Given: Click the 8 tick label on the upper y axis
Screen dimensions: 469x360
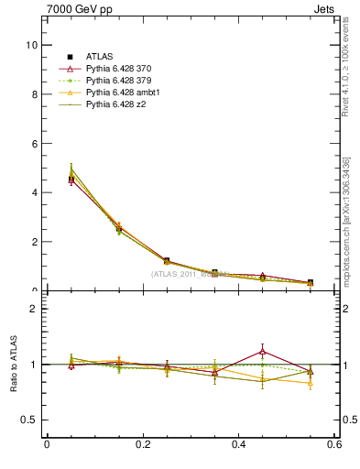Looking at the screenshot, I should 34,94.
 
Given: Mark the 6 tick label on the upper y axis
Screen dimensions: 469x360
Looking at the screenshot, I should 34,144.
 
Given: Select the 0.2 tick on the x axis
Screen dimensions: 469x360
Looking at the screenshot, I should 142,444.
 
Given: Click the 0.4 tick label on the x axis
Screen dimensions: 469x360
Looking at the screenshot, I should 239,444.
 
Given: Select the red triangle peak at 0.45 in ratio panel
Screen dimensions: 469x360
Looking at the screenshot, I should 262,351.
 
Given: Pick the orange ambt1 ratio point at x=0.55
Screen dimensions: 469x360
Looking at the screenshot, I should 311,383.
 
